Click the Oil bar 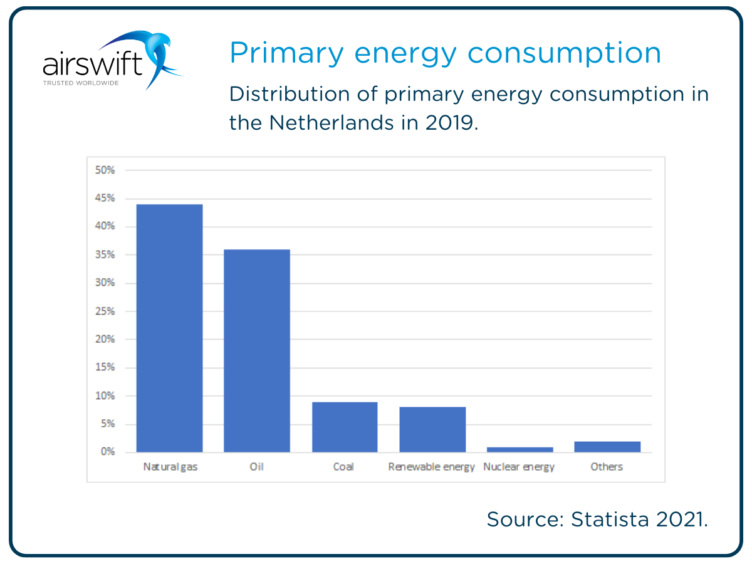(x=257, y=350)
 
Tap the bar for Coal (x=345, y=427)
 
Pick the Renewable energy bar (x=432, y=429)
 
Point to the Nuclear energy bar (x=520, y=449)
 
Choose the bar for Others (x=607, y=447)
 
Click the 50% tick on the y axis (x=105, y=170)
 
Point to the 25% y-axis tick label (x=105, y=311)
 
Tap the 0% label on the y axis (x=108, y=452)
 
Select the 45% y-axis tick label (x=105, y=199)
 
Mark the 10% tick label (x=105, y=396)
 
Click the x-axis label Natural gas (x=170, y=467)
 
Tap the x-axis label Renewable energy (x=431, y=467)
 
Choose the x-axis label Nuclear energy (x=519, y=467)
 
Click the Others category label (x=607, y=467)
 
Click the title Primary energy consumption (x=445, y=54)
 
